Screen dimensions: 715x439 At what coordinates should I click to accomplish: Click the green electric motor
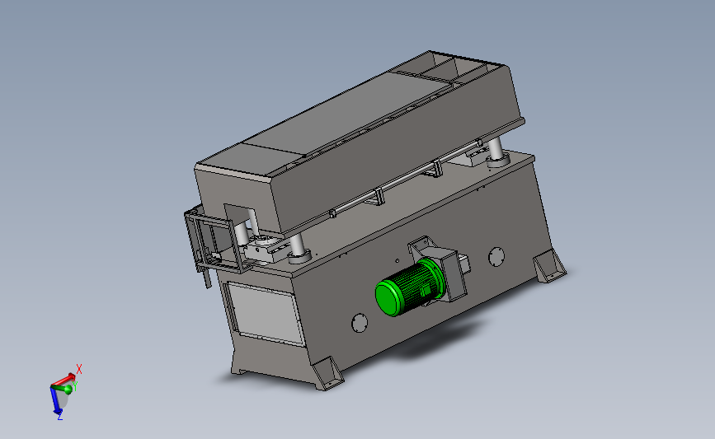tap(408, 287)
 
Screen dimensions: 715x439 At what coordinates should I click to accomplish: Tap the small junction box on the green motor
tap(426, 290)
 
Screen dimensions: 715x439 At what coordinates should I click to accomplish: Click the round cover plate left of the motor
tap(360, 322)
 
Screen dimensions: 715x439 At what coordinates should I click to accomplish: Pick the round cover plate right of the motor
tap(496, 257)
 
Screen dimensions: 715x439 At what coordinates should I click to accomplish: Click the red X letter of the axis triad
tap(79, 369)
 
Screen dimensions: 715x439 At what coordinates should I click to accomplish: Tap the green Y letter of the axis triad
tap(75, 386)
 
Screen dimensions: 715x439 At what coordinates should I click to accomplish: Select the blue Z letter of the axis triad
tap(59, 416)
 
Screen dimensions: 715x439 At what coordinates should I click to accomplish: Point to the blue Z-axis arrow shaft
tap(54, 399)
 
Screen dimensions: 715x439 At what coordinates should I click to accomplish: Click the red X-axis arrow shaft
tap(61, 381)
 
